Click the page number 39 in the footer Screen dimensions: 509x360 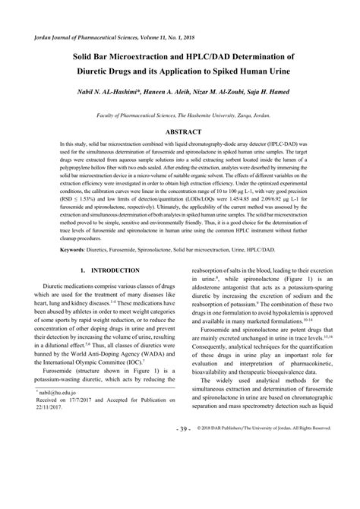(182, 492)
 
